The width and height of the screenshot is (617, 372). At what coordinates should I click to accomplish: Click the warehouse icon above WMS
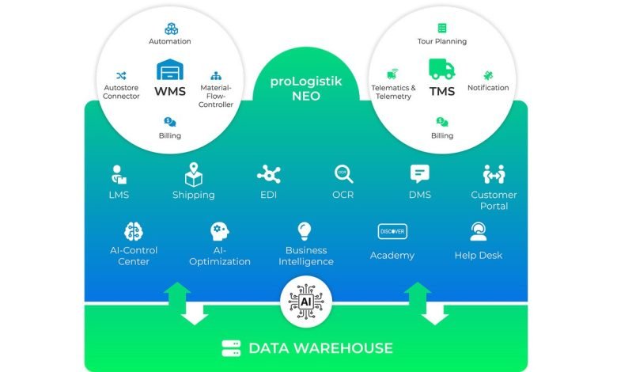[x=170, y=70]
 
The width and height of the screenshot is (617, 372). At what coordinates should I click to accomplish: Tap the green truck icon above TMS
[x=441, y=69]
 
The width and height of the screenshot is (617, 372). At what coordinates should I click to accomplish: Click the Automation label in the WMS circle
[x=170, y=41]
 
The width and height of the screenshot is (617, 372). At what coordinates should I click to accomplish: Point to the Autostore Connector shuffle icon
[x=122, y=76]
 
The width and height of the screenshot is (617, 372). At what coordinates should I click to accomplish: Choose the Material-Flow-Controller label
[x=216, y=96]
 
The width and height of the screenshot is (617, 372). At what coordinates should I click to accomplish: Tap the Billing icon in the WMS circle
[x=170, y=122]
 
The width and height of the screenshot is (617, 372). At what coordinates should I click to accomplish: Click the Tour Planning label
[x=441, y=41]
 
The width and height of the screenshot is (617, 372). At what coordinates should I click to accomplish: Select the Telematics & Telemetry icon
[x=392, y=74]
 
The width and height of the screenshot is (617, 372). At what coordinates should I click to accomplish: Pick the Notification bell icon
[x=487, y=74]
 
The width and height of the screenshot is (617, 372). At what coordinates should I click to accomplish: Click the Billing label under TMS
[x=441, y=135]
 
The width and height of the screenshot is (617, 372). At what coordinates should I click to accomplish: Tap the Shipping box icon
[x=194, y=174]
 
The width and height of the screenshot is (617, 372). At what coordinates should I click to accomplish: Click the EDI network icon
[x=269, y=174]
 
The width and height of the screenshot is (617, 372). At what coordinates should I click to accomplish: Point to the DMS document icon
[x=419, y=174]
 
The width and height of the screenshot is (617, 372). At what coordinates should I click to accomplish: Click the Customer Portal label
[x=494, y=200]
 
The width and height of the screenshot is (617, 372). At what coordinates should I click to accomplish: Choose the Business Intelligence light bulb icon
[x=305, y=231]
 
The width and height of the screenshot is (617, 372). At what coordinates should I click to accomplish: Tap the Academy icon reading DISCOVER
[x=392, y=231]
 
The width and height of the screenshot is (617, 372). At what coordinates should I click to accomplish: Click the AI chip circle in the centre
[x=305, y=302]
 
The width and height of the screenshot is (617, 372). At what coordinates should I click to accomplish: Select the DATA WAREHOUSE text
[x=320, y=347]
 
